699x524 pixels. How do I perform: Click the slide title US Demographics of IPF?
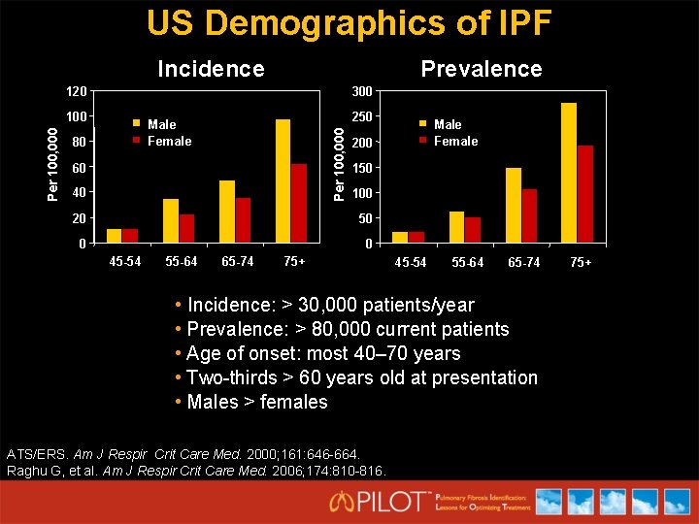coord(349,23)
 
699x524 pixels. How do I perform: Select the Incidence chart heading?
coord(211,69)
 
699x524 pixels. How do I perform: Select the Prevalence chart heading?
coord(481,69)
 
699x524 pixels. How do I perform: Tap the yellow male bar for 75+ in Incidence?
coord(283,180)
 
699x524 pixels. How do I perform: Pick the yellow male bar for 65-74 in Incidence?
coord(227,211)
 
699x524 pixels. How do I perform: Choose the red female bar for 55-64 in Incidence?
coord(186,228)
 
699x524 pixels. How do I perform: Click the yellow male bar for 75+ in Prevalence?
coord(568,173)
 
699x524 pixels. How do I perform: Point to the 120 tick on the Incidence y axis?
coord(76,92)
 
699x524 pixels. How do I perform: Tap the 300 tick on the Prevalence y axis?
coord(361,92)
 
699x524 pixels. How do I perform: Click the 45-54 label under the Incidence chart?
coord(124,261)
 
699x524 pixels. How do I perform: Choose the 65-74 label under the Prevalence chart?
coord(523,263)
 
